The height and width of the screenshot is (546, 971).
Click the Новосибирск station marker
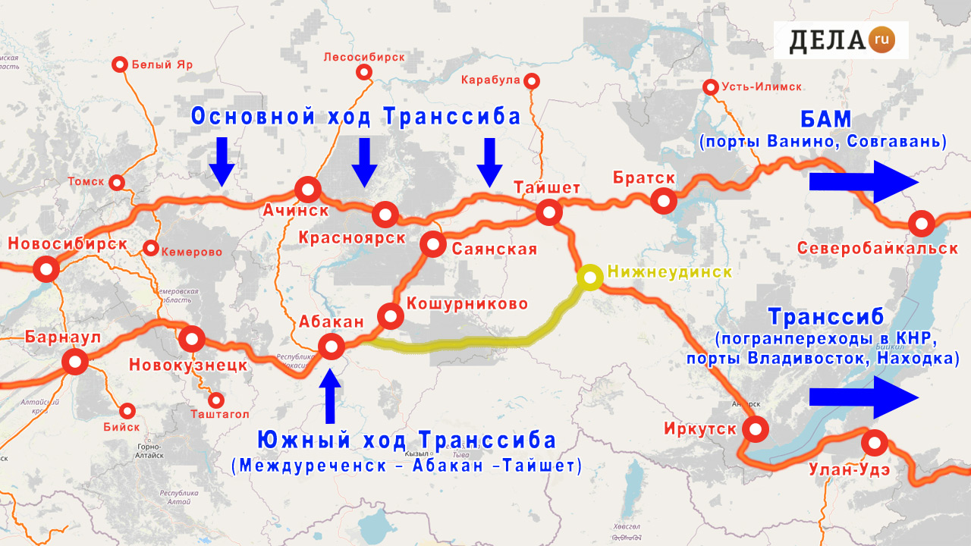pyautogui.click(x=47, y=269)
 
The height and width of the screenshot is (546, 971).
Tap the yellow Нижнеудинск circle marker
pyautogui.click(x=589, y=278)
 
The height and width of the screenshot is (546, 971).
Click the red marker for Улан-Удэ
pyautogui.click(x=875, y=442)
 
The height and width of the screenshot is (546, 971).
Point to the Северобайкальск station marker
pyautogui.click(x=921, y=224)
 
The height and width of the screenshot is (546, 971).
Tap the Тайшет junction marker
pyautogui.click(x=548, y=212)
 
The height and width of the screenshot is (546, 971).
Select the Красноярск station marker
pyautogui.click(x=385, y=215)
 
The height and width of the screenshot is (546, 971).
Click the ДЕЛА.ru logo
pyautogui.click(x=841, y=40)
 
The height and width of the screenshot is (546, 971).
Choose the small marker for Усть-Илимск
pyautogui.click(x=711, y=87)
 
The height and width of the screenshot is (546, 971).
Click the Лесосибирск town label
pyautogui.click(x=364, y=57)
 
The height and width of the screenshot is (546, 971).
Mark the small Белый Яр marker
pyautogui.click(x=119, y=64)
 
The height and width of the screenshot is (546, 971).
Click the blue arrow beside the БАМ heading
pyautogui.click(x=864, y=182)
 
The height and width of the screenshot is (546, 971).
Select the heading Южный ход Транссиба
pyautogui.click(x=407, y=441)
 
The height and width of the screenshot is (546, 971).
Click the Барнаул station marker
pyautogui.click(x=74, y=362)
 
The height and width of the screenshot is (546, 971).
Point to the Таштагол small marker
pyautogui.click(x=217, y=400)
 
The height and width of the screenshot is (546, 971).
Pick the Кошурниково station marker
pyautogui.click(x=389, y=315)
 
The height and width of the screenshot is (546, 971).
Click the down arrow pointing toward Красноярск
pyautogui.click(x=364, y=162)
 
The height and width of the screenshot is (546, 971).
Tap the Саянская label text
pyautogui.click(x=494, y=249)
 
